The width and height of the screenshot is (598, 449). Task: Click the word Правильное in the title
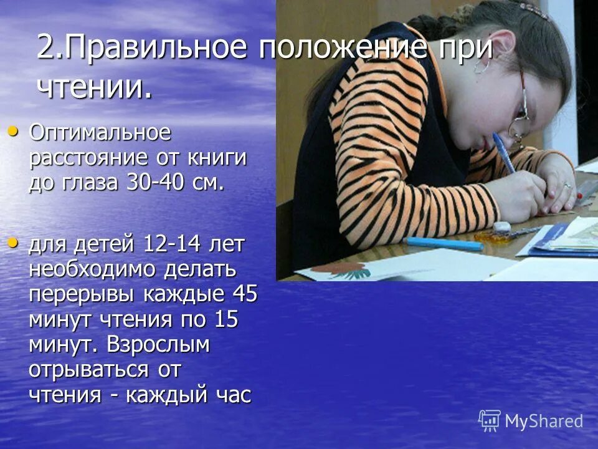coord(149,49)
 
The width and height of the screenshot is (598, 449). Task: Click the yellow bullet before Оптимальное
coord(13,131)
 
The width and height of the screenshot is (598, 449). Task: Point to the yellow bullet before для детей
coord(13,242)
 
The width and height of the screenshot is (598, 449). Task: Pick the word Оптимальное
coord(100,133)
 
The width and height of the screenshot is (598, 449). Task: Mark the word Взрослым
coord(158,344)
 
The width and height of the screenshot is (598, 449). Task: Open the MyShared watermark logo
coord(531,421)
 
